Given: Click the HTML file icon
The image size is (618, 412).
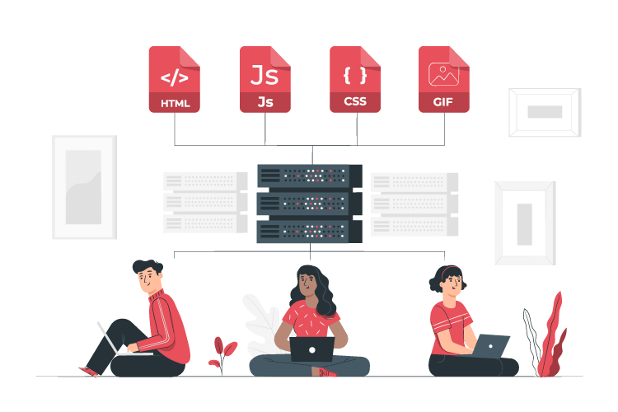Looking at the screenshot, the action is coord(174,79).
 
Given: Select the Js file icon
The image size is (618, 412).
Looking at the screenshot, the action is coord(265,79).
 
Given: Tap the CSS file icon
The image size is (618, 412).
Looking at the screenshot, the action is coord(354,79).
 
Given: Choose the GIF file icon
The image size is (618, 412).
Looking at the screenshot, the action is coord(444,79).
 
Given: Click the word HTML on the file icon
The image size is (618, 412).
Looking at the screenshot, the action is coord(176,103).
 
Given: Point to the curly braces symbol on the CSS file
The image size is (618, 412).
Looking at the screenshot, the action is coord(355,75).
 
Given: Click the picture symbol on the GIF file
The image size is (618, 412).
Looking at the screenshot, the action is coord(444,74).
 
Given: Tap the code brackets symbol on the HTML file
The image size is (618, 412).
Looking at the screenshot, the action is coord(174,77).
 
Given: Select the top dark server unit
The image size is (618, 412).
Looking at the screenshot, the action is coord(309,176).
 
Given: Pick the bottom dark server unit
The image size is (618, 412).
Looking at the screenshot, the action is coord(309,232).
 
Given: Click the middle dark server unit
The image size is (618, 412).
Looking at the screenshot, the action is coord(309,204).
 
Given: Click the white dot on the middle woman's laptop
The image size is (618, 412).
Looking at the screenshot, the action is coord(311,349).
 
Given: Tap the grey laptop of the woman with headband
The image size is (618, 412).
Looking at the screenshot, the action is coord(491,346).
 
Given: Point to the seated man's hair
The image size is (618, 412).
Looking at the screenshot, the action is coord(147,266).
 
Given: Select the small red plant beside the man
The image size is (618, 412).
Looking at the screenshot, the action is coord(222,353).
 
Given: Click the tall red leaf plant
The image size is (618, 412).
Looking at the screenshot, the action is coord(551,335).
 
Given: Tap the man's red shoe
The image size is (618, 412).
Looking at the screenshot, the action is coord(90,371).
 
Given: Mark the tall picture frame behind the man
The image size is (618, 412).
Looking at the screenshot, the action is coord(84,187).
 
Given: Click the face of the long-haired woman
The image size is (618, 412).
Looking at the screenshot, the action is coord(307,283).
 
